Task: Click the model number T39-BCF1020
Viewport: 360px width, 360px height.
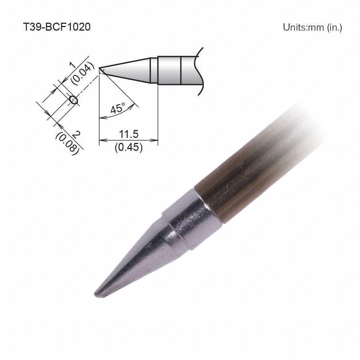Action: [57, 27]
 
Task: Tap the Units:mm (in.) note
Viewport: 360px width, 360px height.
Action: [312, 27]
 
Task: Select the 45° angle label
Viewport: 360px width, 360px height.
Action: [118, 108]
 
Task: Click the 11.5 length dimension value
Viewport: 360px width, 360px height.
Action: [129, 134]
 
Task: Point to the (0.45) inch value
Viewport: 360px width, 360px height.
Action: [129, 147]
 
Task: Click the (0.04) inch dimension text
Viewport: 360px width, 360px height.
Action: [83, 73]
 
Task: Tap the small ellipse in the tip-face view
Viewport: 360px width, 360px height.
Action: [73, 100]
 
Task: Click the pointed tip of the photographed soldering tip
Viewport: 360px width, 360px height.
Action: [95, 294]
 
